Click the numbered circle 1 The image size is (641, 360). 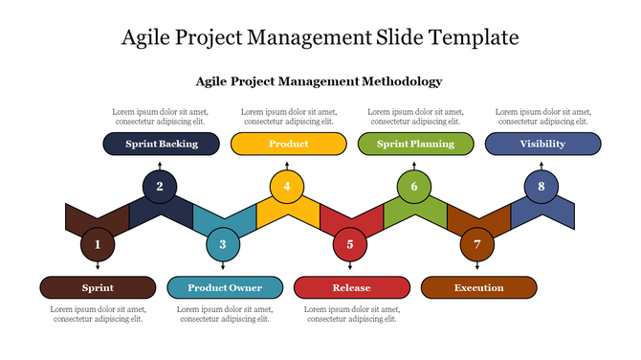(98, 245)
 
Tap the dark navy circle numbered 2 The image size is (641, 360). (160, 187)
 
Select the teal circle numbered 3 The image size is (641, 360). (224, 245)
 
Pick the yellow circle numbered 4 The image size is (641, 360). (287, 187)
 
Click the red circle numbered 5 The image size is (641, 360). (350, 245)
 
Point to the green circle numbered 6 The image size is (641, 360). (414, 187)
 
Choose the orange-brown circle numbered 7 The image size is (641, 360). (477, 245)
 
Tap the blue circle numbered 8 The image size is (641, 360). (542, 187)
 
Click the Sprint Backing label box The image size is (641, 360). (161, 144)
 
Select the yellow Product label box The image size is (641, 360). (288, 144)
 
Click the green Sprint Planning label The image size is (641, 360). (415, 144)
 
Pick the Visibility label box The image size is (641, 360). (542, 144)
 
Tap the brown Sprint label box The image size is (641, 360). (98, 287)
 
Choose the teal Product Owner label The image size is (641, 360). (225, 287)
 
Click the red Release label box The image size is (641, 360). (351, 287)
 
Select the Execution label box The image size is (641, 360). (478, 287)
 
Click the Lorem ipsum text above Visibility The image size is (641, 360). (542, 117)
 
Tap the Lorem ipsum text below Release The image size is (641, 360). (351, 314)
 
